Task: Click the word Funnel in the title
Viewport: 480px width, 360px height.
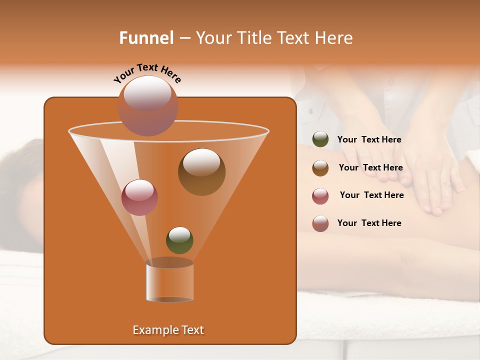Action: pyautogui.click(x=146, y=38)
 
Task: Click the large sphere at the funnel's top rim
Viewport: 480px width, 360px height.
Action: pyautogui.click(x=147, y=106)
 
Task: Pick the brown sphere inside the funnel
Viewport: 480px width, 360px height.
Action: pyautogui.click(x=201, y=172)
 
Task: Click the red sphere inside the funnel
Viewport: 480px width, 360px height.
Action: pyautogui.click(x=139, y=197)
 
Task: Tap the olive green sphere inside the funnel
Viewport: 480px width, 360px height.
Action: pyautogui.click(x=179, y=240)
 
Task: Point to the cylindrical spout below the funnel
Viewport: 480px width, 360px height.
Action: pyautogui.click(x=169, y=280)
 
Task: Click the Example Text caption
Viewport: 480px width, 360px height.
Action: pyautogui.click(x=168, y=330)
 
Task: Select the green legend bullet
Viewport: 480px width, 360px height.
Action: pyautogui.click(x=320, y=139)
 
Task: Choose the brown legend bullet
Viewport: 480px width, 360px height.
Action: pyautogui.click(x=320, y=168)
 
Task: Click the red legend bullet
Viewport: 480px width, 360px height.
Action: pyautogui.click(x=320, y=196)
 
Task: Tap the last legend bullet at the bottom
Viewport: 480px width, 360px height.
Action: pyautogui.click(x=320, y=223)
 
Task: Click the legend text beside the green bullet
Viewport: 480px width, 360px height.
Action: pyautogui.click(x=369, y=140)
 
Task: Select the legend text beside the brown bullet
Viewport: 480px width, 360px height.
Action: pyautogui.click(x=370, y=168)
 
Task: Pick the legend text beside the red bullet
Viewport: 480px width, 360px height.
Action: pyautogui.click(x=371, y=195)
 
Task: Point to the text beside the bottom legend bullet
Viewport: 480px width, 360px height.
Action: pyautogui.click(x=369, y=223)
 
